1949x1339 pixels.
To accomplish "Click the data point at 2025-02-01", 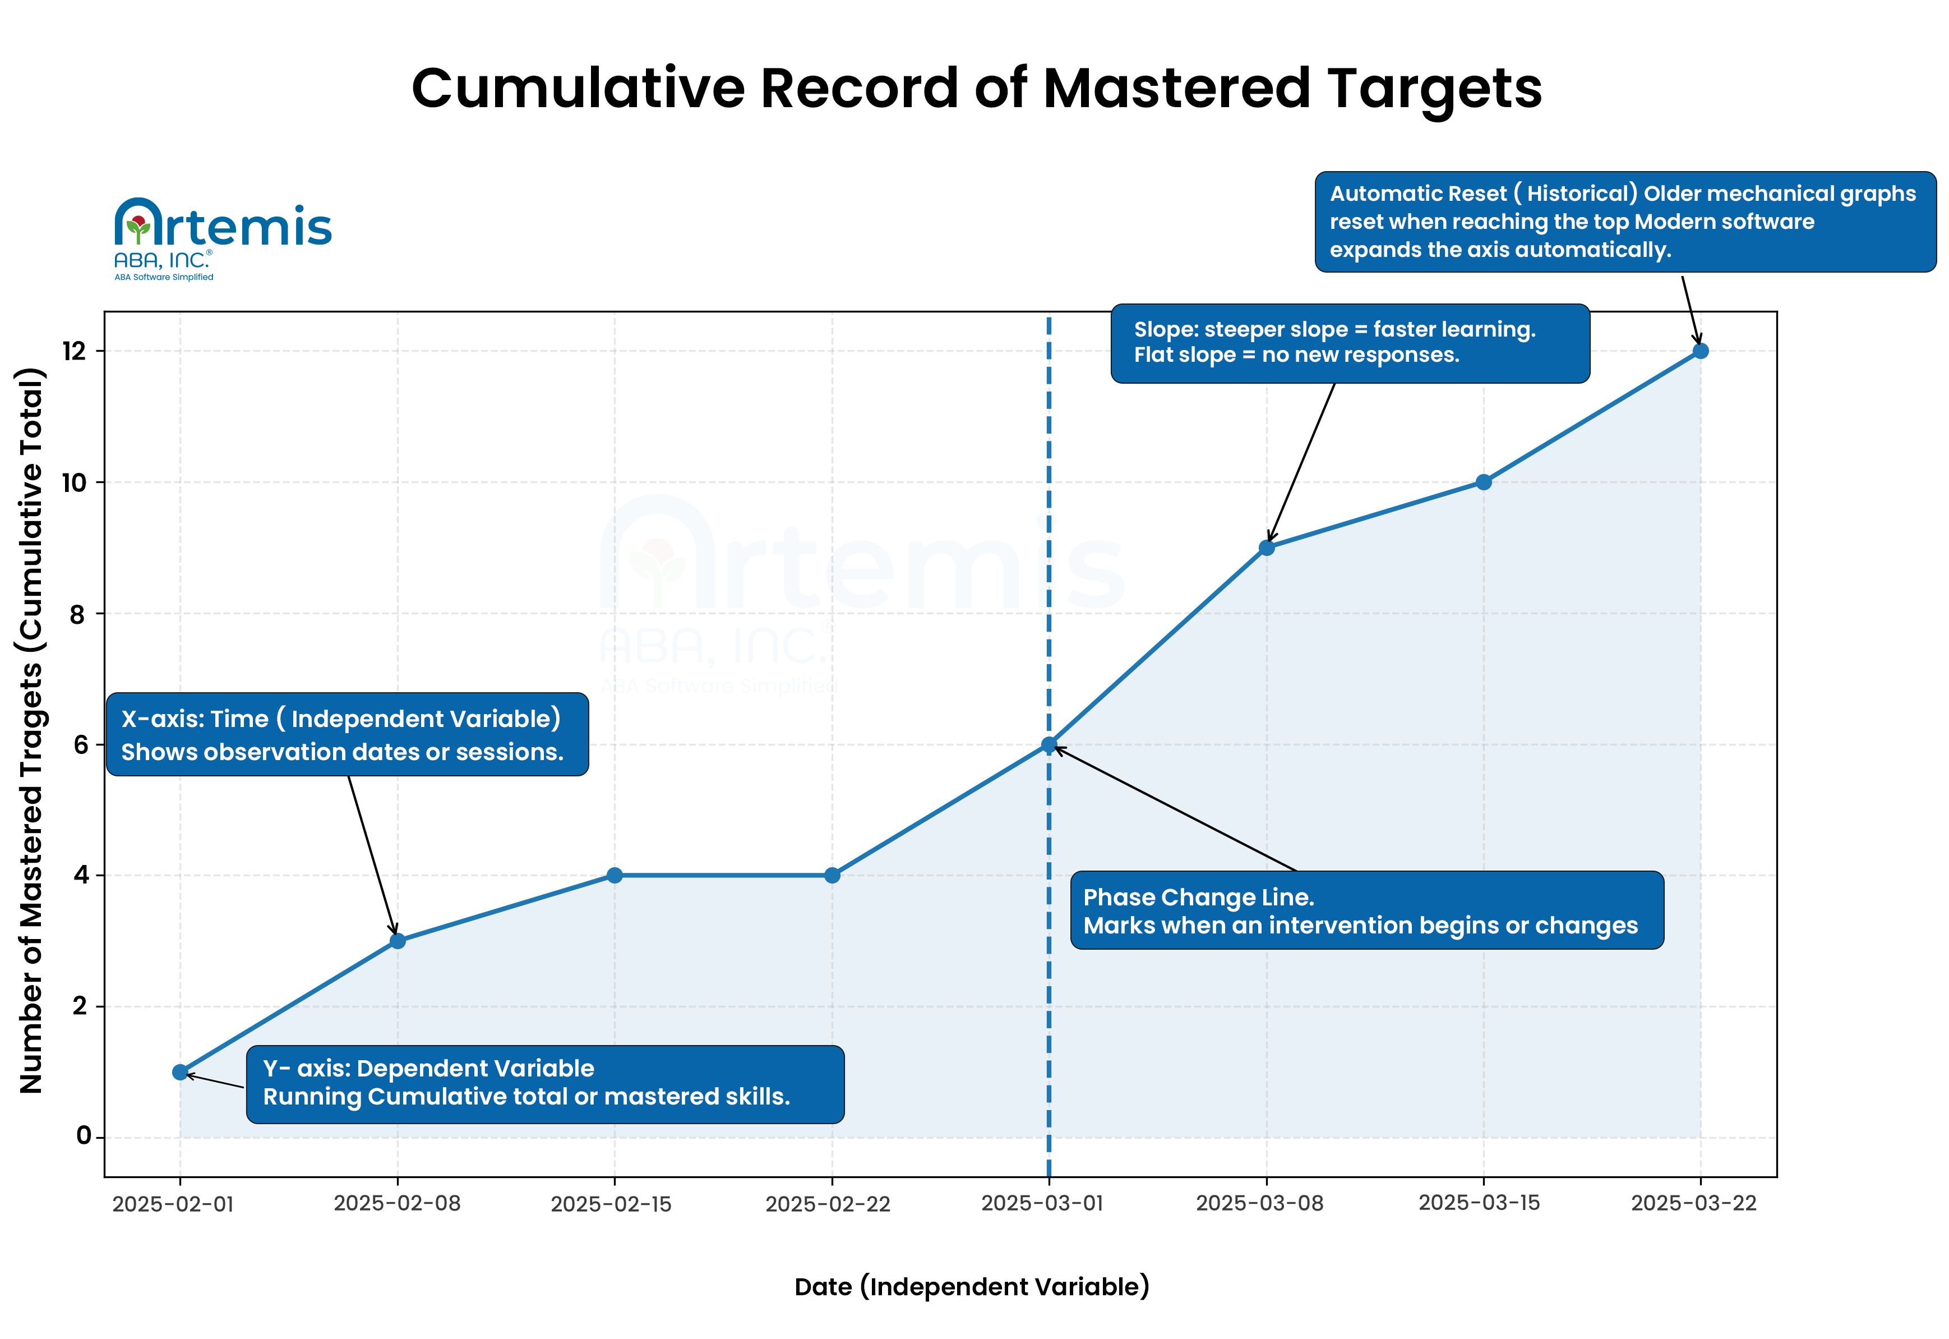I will point(181,1072).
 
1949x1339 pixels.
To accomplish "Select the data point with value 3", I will point(398,941).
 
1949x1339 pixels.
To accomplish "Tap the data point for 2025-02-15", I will point(615,875).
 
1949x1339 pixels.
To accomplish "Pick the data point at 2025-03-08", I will point(1267,548).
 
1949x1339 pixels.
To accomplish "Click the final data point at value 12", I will point(1701,351).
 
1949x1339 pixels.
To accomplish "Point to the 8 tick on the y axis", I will point(78,614).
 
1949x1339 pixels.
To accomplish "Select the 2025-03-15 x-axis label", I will point(1479,1203).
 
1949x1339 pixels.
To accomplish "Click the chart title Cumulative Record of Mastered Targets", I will point(976,88).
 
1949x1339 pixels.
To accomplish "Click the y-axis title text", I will point(32,730).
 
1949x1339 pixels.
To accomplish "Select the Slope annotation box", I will point(1350,343).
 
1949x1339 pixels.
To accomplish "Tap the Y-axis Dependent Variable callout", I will point(545,1083).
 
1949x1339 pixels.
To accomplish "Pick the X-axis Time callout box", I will point(347,734).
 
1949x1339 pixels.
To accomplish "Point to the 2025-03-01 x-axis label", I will point(1042,1203).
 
